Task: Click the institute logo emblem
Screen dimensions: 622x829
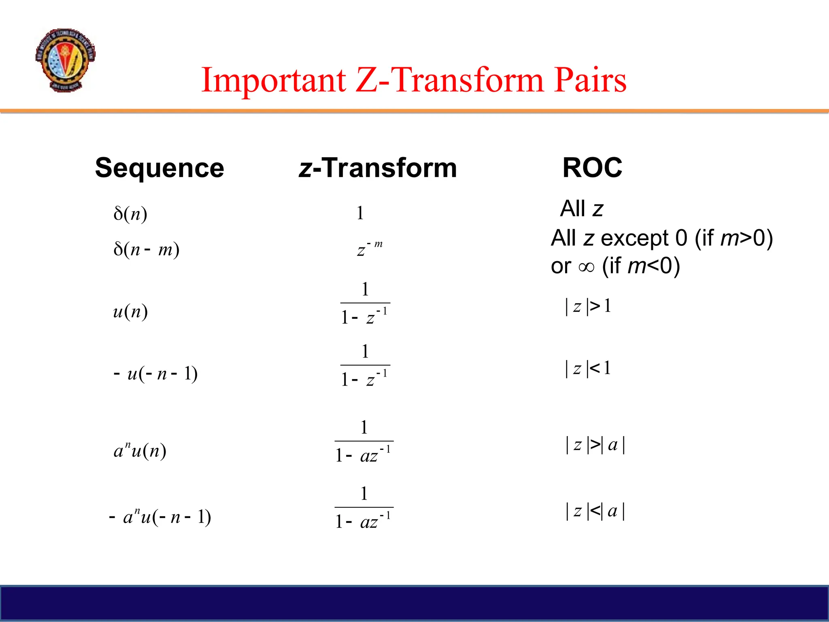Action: coord(65,60)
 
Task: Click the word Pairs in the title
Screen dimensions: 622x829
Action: coord(590,80)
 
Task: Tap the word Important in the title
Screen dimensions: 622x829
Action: coord(274,80)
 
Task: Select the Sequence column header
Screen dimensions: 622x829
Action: coord(159,168)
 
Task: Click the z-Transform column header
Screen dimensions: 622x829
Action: coord(378,168)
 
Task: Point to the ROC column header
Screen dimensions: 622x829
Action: coord(592,168)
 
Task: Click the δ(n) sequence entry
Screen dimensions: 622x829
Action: coord(130,213)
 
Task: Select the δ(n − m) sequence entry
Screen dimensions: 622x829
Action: coord(146,249)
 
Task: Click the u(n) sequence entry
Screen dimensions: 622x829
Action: coord(130,311)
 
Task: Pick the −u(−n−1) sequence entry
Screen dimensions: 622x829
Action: coord(156,373)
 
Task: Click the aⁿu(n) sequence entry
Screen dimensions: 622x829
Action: coord(140,450)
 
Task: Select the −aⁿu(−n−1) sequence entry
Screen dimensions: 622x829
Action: coord(160,517)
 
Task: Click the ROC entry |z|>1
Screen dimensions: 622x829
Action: coord(588,306)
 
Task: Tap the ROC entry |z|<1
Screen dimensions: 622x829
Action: coord(588,369)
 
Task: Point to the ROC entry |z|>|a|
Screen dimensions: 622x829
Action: coord(595,445)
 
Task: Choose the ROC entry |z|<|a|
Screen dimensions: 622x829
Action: coord(595,511)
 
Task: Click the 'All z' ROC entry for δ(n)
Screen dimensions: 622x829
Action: coord(581,209)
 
